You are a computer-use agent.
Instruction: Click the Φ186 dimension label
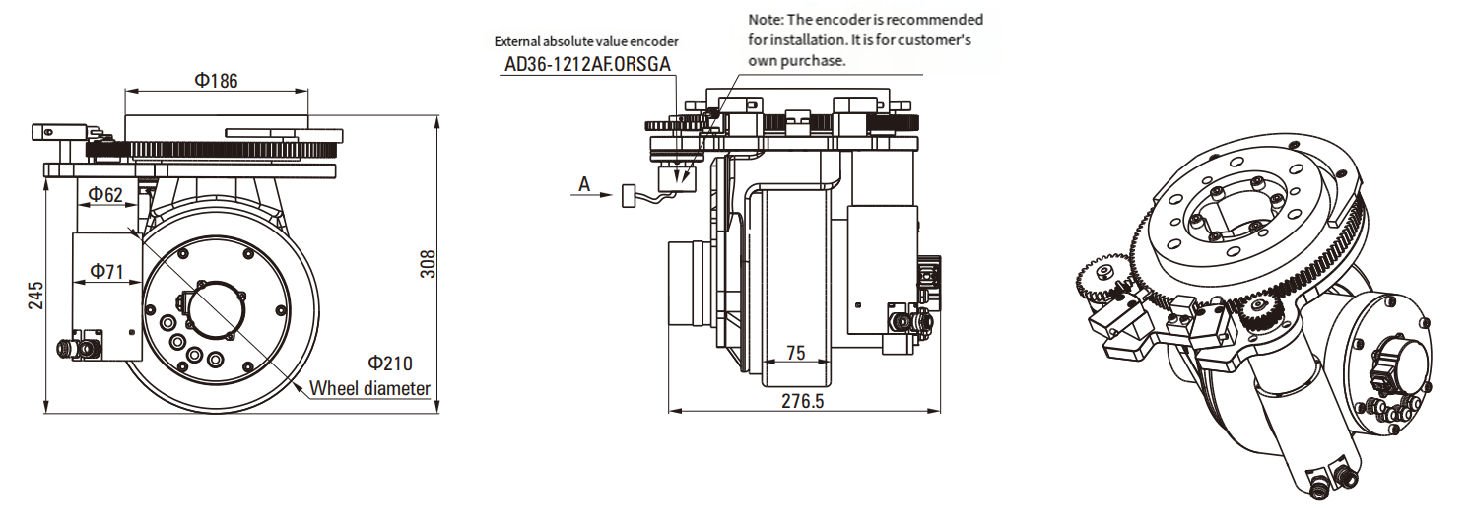coord(217,81)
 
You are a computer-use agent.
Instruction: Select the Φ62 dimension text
coord(105,194)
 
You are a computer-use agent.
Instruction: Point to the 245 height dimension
coord(36,297)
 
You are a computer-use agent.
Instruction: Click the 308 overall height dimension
coord(428,263)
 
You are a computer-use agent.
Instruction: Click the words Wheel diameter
coord(370,388)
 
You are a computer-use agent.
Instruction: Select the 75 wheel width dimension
coord(796,352)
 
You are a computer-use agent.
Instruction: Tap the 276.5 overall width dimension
coord(803,401)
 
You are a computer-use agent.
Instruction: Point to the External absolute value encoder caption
coord(586,41)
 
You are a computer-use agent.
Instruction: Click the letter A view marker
coord(584,184)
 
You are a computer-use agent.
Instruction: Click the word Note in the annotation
coord(766,19)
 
